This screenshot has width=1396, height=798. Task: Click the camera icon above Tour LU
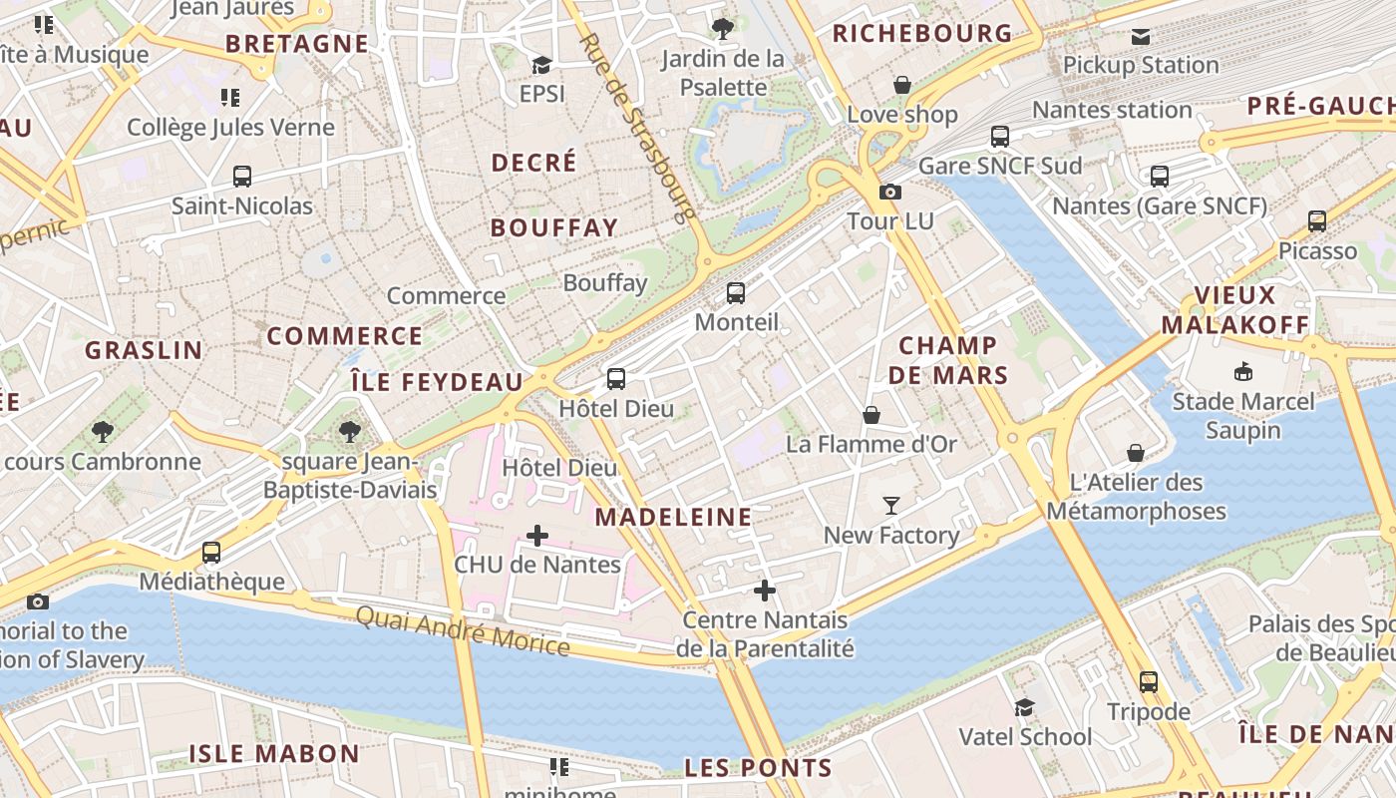pyautogui.click(x=889, y=192)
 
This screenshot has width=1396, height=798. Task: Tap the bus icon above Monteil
pyautogui.click(x=736, y=293)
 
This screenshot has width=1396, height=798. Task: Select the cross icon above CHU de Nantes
pyautogui.click(x=537, y=536)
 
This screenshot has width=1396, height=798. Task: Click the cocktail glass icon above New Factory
pyautogui.click(x=891, y=506)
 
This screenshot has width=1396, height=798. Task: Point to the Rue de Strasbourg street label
pyautogui.click(x=636, y=128)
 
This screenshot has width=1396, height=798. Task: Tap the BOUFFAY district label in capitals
pyautogui.click(x=554, y=227)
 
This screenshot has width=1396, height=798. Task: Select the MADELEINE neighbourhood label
pyautogui.click(x=673, y=517)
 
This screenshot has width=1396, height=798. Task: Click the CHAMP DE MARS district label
pyautogui.click(x=948, y=360)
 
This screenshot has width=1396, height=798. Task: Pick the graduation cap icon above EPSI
pyautogui.click(x=541, y=65)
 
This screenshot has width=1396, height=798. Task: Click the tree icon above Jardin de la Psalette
pyautogui.click(x=723, y=29)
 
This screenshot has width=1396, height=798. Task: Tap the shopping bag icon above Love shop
pyautogui.click(x=902, y=85)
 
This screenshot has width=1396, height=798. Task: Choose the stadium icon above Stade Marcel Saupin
pyautogui.click(x=1242, y=372)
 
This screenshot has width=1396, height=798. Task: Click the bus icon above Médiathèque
pyautogui.click(x=211, y=552)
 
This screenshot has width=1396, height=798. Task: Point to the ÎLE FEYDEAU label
pyautogui.click(x=437, y=381)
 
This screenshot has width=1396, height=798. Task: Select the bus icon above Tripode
pyautogui.click(x=1149, y=682)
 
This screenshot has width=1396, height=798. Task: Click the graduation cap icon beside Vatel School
pyautogui.click(x=1024, y=707)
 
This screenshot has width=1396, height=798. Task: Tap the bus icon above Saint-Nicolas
pyautogui.click(x=241, y=177)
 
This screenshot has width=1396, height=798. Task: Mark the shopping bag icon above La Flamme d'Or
pyautogui.click(x=872, y=414)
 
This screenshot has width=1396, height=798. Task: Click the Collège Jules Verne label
pyautogui.click(x=230, y=127)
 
